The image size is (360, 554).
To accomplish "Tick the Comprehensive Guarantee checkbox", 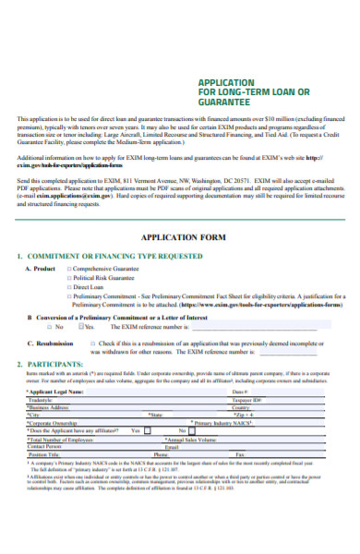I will tap(72, 268).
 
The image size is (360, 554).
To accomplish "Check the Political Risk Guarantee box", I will tap(72, 277).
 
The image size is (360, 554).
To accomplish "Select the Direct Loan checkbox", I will tap(72, 286).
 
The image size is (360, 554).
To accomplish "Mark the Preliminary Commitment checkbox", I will tap(72, 295).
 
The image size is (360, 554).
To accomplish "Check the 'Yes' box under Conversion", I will tap(82, 326).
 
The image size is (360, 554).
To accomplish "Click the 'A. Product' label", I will tap(41, 268).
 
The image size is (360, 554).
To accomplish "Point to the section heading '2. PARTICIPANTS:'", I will tap(51, 365).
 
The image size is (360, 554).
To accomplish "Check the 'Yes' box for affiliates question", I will tap(150, 430).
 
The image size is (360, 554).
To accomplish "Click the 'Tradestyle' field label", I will tap(42, 399).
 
